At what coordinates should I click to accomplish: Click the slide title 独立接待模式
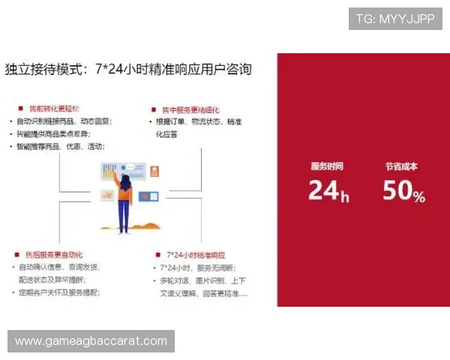tap(128, 70)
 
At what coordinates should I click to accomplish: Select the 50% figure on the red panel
tap(403, 192)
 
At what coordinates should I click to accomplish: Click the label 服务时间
tap(327, 166)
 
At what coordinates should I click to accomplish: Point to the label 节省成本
tap(401, 166)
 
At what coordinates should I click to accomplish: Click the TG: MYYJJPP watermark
tap(395, 19)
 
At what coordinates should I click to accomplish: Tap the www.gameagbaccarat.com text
tap(91, 341)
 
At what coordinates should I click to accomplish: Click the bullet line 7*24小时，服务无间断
tap(197, 268)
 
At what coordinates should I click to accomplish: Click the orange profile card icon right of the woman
tap(155, 171)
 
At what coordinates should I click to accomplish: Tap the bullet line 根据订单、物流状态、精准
tap(198, 121)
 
